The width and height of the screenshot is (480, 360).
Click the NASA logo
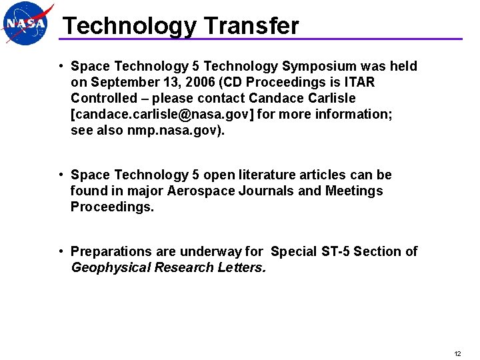pyautogui.click(x=27, y=23)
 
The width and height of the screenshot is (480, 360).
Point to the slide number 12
pyautogui.click(x=457, y=353)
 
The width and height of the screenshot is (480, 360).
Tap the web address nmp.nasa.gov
pyautogui.click(x=173, y=130)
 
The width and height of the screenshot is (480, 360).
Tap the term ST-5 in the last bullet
pyautogui.click(x=333, y=251)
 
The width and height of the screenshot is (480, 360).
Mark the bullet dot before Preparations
pyautogui.click(x=60, y=251)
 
